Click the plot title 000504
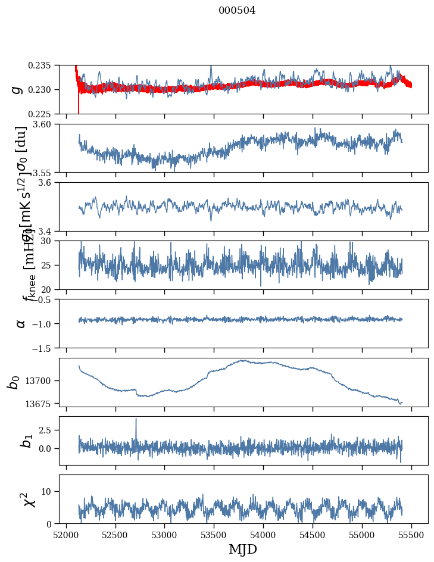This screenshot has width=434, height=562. tap(237, 11)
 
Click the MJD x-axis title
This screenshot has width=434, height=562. tap(243, 549)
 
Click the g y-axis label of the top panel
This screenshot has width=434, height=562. tap(17, 89)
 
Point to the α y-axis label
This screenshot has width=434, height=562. tap(20, 323)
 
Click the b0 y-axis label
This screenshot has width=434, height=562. tap(14, 382)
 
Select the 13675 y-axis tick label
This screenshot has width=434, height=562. tap(39, 404)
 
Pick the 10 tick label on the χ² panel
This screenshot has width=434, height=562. tap(49, 491)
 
